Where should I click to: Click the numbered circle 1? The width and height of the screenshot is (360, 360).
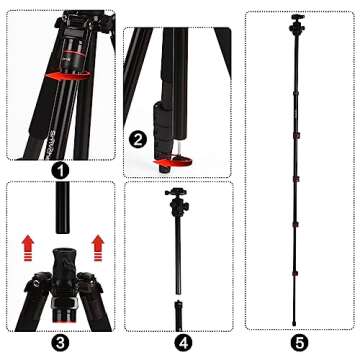(x=62, y=171)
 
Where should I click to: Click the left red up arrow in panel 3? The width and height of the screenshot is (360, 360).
(x=28, y=244)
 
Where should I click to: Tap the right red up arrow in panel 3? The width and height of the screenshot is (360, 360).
(x=97, y=244)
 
